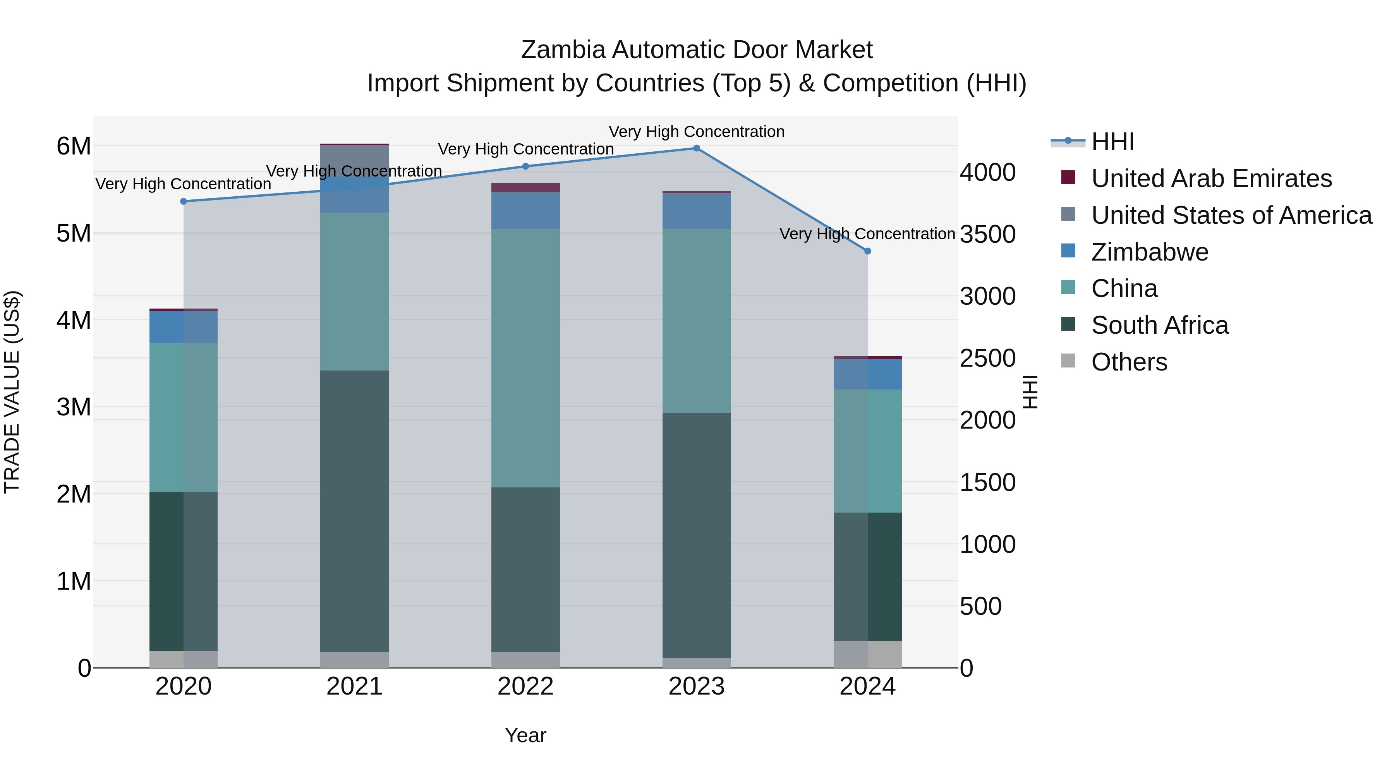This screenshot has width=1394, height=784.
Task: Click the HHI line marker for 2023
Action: point(697,148)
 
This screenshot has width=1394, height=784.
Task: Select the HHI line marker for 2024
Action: point(867,251)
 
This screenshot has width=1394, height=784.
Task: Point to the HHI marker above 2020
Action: point(184,201)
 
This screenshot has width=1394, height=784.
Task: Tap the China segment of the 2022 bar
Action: point(525,358)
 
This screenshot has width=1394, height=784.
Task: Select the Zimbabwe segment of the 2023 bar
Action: point(697,211)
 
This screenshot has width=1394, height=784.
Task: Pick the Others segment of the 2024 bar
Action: point(867,654)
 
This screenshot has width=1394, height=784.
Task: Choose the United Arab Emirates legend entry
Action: point(1211,178)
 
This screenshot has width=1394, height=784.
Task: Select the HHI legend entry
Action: point(1112,142)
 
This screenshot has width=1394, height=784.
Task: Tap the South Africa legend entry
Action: point(1159,326)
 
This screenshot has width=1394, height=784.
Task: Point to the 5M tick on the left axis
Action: point(74,233)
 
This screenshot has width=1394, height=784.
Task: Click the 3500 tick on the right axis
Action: point(987,234)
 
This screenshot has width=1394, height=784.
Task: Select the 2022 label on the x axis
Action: point(525,686)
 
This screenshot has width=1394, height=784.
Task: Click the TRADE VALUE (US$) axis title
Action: point(12,392)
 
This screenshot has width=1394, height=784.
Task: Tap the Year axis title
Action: point(525,735)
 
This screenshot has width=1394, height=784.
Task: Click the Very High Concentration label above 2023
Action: point(697,132)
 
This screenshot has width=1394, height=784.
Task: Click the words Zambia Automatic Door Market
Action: point(697,50)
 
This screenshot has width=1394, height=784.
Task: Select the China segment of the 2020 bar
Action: point(184,417)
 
